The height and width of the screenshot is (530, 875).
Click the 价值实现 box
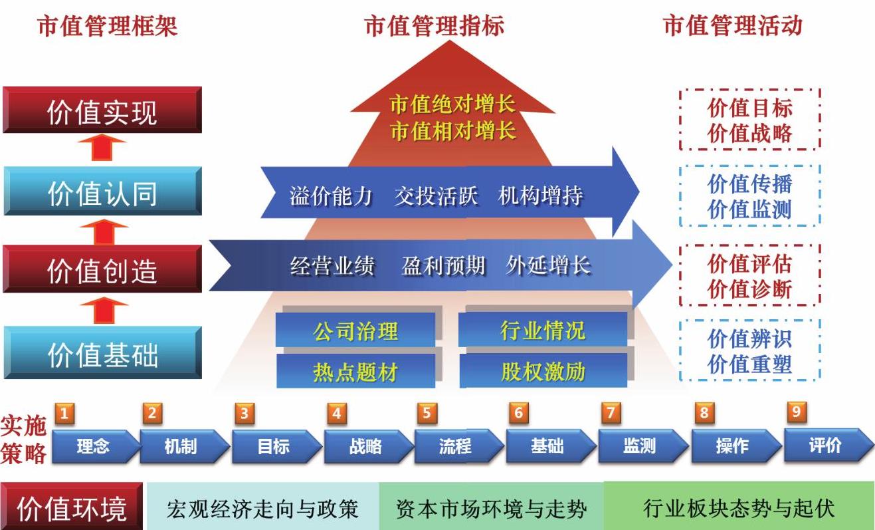pos(102,110)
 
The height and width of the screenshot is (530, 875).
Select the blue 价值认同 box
pos(103,191)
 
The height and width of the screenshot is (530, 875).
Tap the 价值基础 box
pos(103,353)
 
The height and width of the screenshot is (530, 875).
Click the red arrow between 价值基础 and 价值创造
pos(104,311)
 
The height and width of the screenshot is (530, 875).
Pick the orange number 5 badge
pos(427,413)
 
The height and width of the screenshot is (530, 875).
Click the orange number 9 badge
pos(797,412)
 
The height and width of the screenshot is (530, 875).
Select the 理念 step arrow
pos(96,446)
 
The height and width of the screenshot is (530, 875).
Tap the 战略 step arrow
pos(369,446)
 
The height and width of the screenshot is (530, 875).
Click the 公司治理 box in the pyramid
pos(355,331)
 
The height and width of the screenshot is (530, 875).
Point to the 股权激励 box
pos(543,371)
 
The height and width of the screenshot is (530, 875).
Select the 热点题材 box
pos(356,371)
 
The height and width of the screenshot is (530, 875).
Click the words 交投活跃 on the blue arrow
pos(436,196)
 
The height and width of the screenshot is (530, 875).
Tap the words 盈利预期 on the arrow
pos(444,266)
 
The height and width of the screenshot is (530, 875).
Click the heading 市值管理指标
pos(435,26)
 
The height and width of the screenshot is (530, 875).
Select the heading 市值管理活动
pos(733,26)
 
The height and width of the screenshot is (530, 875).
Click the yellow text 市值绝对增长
pos(453,104)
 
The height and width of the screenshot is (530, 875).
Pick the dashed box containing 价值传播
pos(750,196)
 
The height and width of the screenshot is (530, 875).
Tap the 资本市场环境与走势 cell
pos(492,507)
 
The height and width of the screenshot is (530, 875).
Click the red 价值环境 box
pos(72,507)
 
